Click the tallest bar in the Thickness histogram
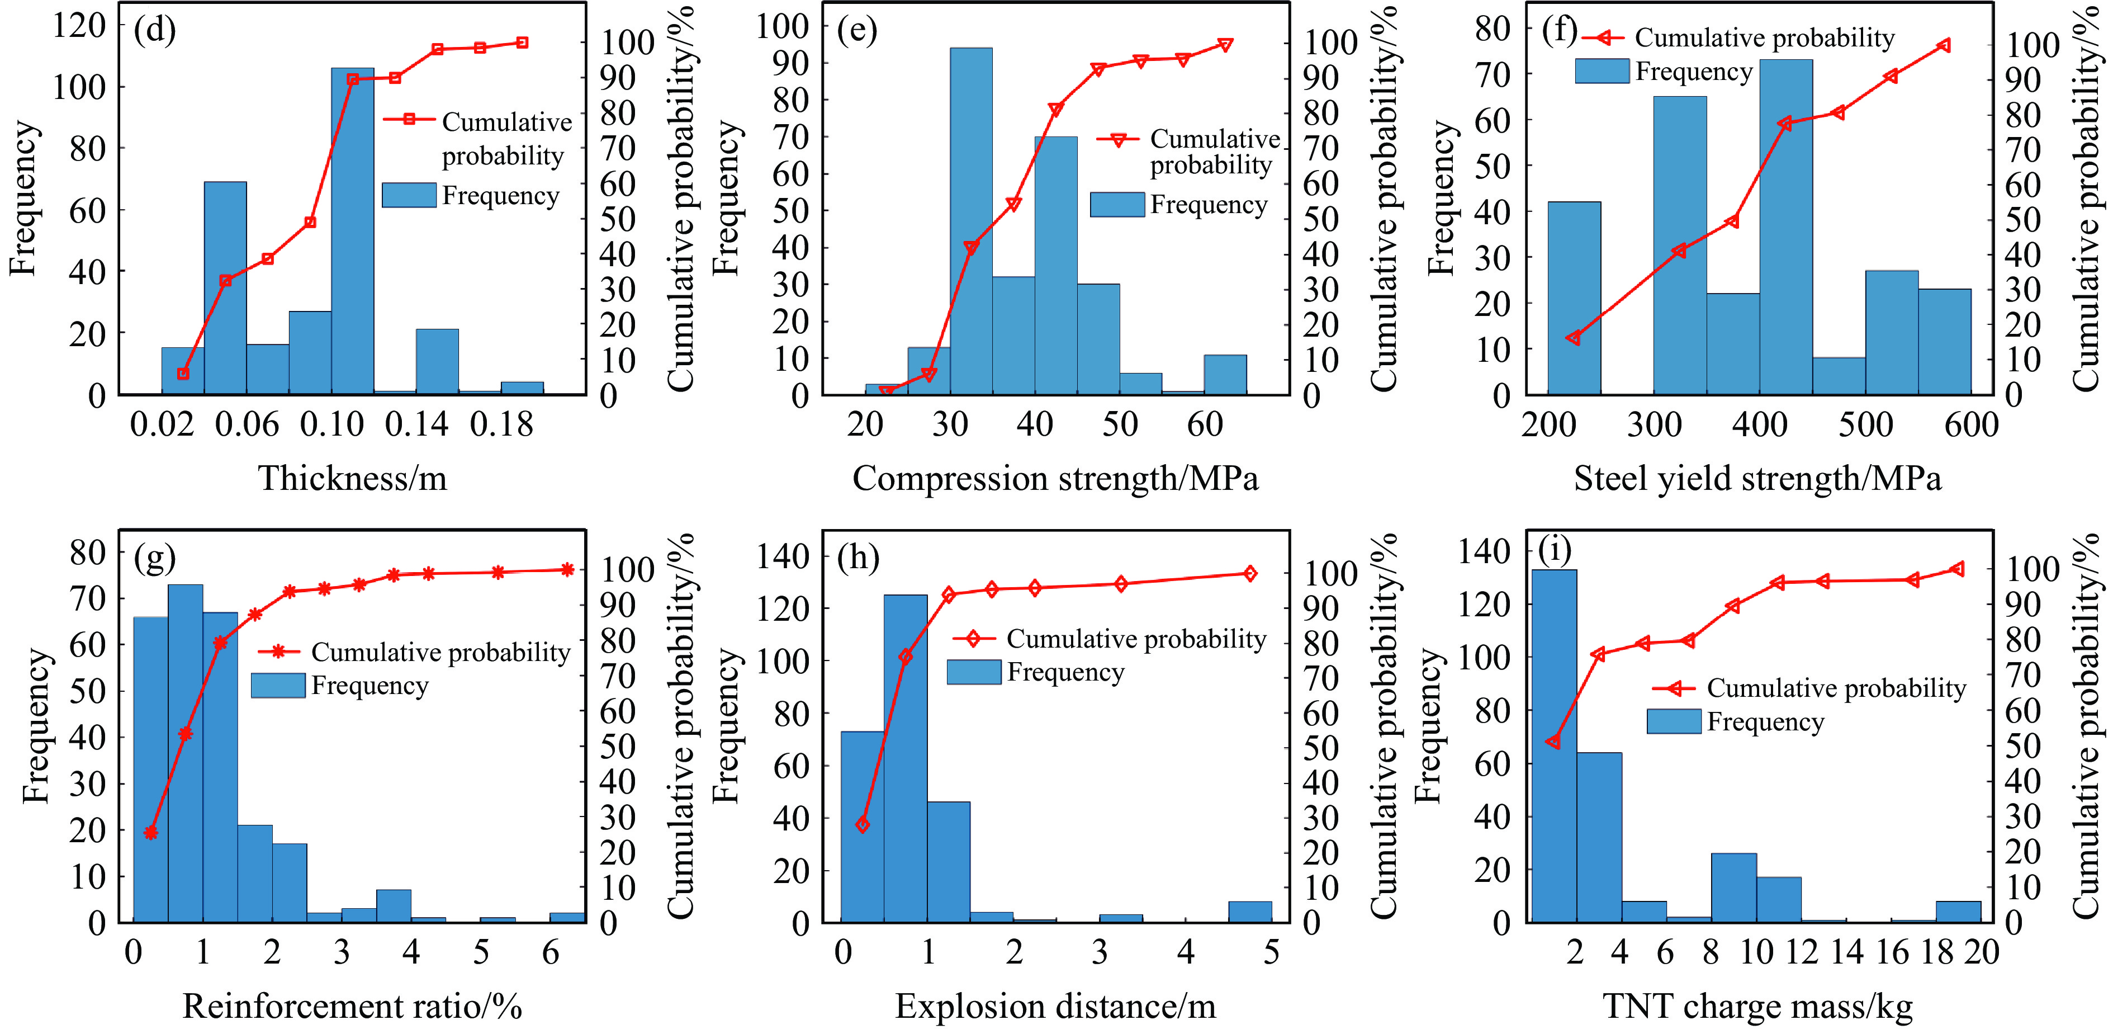coord(353,230)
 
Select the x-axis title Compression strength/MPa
coord(1055,478)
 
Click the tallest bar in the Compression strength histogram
coord(971,221)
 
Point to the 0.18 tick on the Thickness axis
coord(501,425)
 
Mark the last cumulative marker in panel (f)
coord(1943,46)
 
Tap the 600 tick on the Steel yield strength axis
coord(1971,425)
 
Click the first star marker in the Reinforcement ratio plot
coord(151,833)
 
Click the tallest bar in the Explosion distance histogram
coord(906,759)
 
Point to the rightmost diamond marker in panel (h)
coord(1249,574)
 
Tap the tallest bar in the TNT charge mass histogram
coord(1553,747)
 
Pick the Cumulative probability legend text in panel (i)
coord(1836,688)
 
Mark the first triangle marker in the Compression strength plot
coord(886,391)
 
